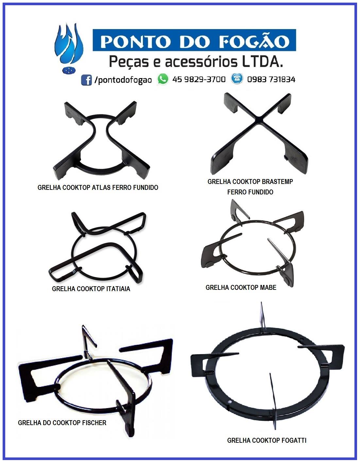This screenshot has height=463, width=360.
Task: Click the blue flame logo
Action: point(69,44)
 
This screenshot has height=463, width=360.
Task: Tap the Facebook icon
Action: point(86,80)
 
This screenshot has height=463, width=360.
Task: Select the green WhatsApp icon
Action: point(163,79)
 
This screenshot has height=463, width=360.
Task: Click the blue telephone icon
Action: point(237,79)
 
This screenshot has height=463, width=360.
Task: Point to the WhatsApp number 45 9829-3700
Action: point(199,79)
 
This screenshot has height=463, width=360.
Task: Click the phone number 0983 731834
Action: point(271,79)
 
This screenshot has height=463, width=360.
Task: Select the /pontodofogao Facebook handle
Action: point(123,80)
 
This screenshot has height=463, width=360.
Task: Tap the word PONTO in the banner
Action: point(135,41)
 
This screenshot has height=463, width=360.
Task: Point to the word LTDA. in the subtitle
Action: point(262,62)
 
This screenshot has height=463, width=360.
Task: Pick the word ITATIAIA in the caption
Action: point(118,289)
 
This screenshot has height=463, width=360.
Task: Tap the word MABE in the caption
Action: point(268,288)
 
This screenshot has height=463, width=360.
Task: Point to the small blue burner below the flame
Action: point(69,70)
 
